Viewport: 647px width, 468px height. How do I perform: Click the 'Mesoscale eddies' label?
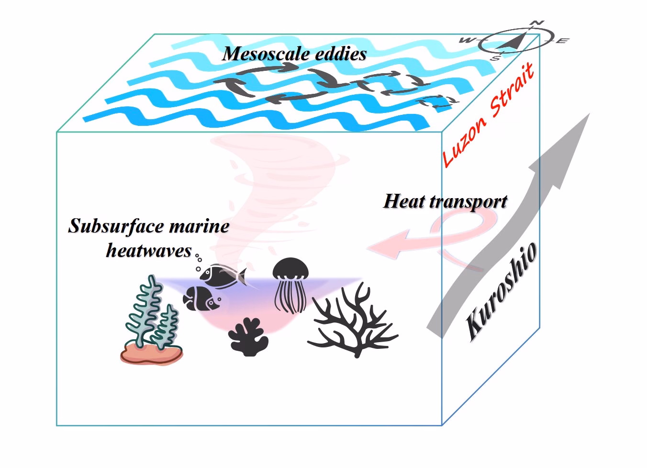pyautogui.click(x=294, y=54)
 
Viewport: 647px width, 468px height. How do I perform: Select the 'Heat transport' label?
pyautogui.click(x=445, y=201)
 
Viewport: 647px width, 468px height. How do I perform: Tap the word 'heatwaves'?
pyautogui.click(x=149, y=250)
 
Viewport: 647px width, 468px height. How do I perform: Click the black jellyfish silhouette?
pyautogui.click(x=290, y=285)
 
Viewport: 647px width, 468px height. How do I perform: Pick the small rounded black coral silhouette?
pyautogui.click(x=248, y=337)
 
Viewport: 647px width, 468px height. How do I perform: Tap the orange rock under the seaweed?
pyautogui.click(x=151, y=355)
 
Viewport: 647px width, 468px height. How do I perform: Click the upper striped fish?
pyautogui.click(x=222, y=275)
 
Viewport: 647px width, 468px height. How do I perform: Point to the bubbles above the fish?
pyautogui.click(x=197, y=263)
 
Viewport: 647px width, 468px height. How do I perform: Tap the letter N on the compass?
pyautogui.click(x=538, y=23)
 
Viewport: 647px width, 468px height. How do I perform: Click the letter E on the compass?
pyautogui.click(x=563, y=41)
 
